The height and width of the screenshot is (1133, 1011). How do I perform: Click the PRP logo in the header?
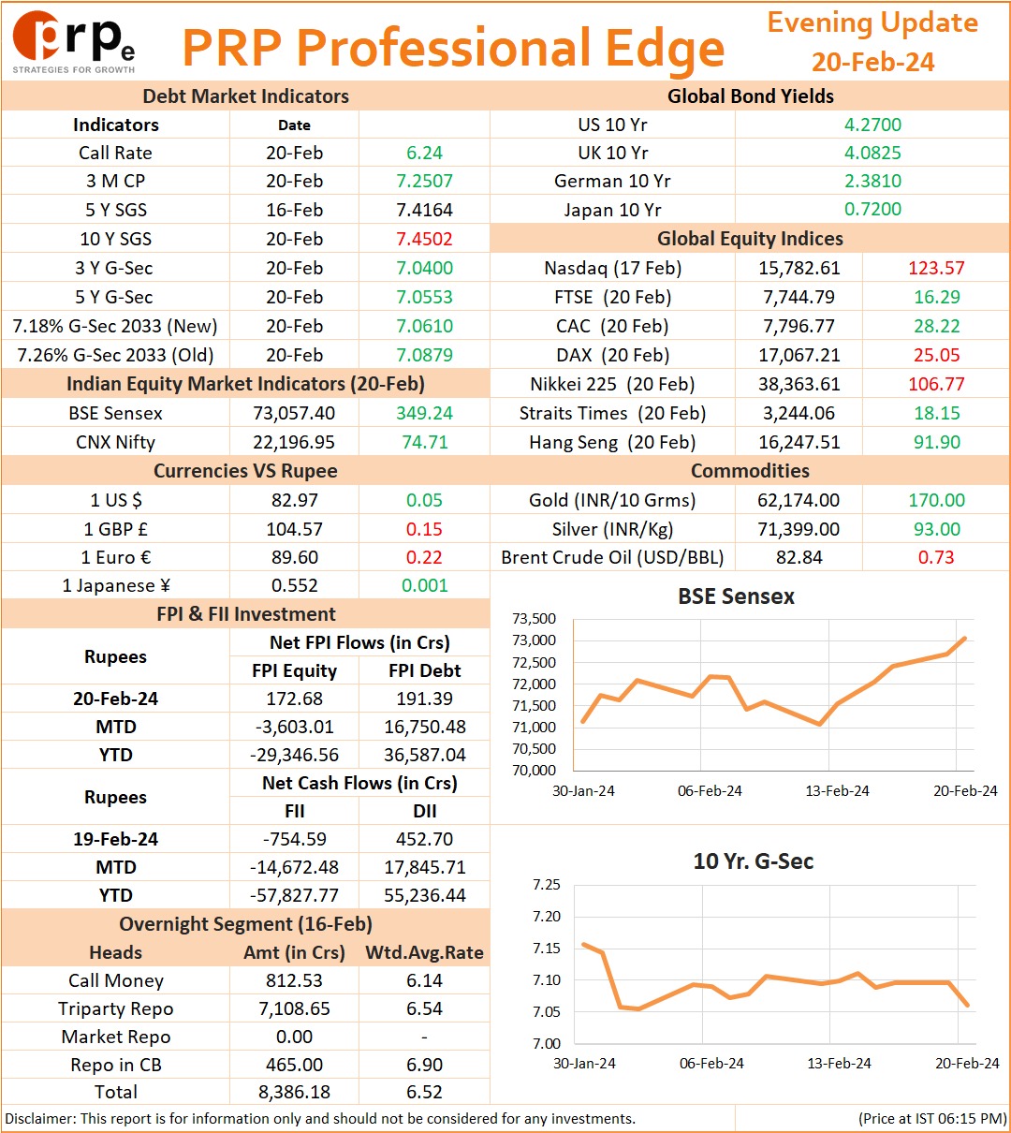(74, 42)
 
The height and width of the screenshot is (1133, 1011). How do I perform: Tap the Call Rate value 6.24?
(424, 153)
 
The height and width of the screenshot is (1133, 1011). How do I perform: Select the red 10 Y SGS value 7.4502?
(424, 239)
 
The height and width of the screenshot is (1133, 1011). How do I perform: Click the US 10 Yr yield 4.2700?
(872, 125)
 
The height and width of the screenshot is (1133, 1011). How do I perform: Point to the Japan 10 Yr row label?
(612, 210)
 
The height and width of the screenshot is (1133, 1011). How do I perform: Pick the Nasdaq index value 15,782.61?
(799, 268)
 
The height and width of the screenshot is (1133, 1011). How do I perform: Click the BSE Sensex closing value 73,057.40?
(294, 413)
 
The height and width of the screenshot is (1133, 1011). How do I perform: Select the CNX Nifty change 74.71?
(424, 442)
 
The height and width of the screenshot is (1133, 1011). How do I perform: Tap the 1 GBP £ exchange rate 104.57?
(294, 528)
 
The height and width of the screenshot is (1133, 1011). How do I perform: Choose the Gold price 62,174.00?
(799, 499)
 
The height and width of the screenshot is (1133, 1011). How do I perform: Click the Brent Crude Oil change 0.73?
(936, 557)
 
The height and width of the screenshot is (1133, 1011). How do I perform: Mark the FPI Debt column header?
(424, 669)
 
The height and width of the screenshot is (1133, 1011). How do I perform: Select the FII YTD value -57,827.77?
(294, 895)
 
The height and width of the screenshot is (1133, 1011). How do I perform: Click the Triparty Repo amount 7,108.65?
(294, 1008)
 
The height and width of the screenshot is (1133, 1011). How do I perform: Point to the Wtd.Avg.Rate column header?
(424, 951)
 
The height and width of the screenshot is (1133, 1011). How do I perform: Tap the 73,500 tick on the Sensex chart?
(534, 619)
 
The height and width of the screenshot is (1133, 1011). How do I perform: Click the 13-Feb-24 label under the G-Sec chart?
(839, 1063)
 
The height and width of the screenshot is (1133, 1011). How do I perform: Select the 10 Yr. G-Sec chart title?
(753, 861)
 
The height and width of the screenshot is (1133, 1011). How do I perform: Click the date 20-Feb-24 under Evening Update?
(872, 62)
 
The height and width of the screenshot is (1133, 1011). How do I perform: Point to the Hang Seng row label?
(612, 442)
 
